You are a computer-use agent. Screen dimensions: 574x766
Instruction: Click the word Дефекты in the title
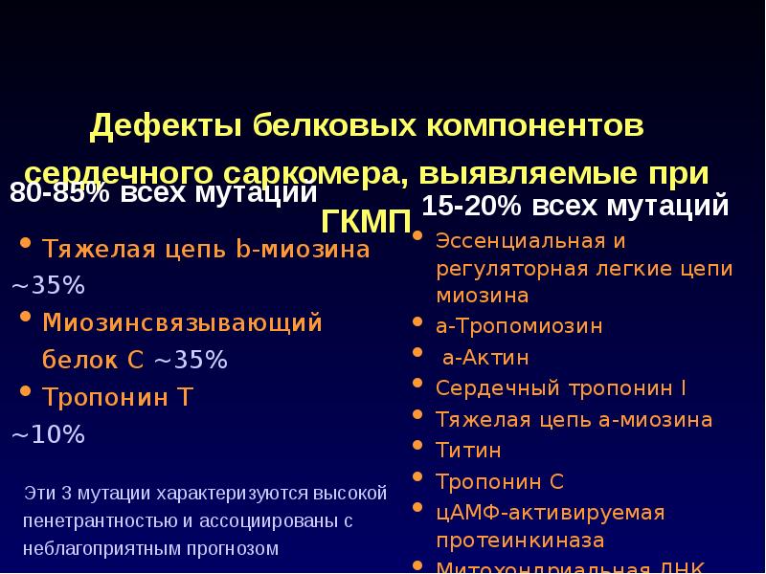pyautogui.click(x=164, y=125)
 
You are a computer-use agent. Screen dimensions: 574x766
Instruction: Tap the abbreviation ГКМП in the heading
pyautogui.click(x=366, y=219)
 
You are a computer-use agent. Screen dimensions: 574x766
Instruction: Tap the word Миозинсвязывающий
pyautogui.click(x=182, y=322)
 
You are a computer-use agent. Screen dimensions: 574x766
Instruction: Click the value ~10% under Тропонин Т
pyautogui.click(x=48, y=435)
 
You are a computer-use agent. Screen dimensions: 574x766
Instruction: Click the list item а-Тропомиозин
pyautogui.click(x=519, y=325)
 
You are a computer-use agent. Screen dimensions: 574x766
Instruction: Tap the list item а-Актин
pyautogui.click(x=485, y=357)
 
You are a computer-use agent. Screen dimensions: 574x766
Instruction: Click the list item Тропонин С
pyautogui.click(x=500, y=479)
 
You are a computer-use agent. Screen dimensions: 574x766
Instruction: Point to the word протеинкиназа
pyautogui.click(x=520, y=540)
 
